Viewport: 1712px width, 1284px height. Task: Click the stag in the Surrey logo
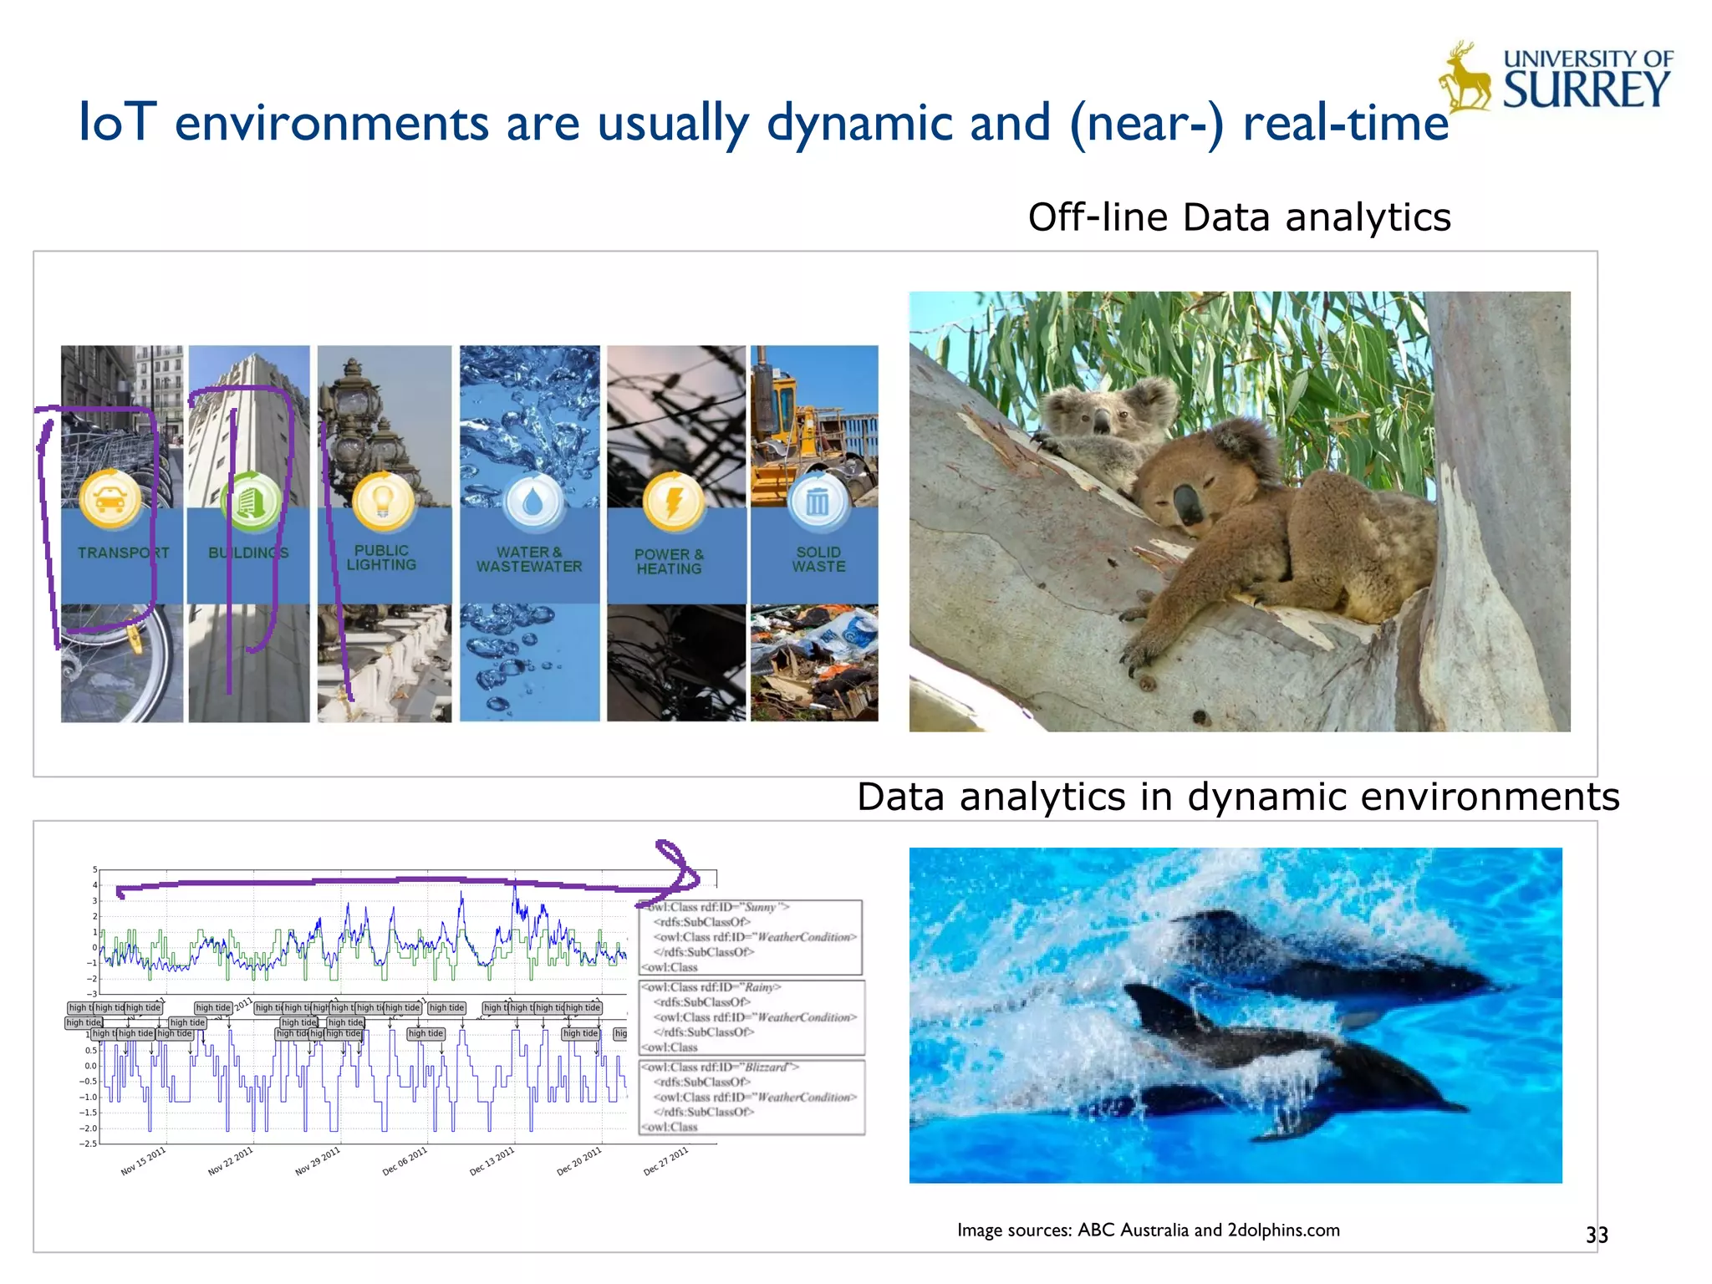click(x=1465, y=80)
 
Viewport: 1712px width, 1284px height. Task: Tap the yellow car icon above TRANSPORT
click(x=110, y=499)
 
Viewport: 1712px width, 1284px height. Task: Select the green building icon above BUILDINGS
click(x=250, y=501)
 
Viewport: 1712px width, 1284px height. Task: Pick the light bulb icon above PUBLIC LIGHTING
click(x=383, y=501)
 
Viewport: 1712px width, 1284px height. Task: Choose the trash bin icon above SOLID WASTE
click(x=818, y=502)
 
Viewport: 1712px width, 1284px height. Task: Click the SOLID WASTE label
click(x=818, y=559)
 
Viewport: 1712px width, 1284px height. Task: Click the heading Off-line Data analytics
click(x=1239, y=217)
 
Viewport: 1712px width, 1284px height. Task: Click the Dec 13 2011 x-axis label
click(x=492, y=1161)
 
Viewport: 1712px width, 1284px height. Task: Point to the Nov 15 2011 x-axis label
click(x=144, y=1161)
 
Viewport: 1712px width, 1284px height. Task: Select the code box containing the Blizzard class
click(x=752, y=1097)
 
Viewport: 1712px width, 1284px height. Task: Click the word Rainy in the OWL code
click(x=761, y=987)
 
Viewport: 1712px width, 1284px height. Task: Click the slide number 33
click(x=1596, y=1235)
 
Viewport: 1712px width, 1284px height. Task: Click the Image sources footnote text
click(x=1148, y=1230)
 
